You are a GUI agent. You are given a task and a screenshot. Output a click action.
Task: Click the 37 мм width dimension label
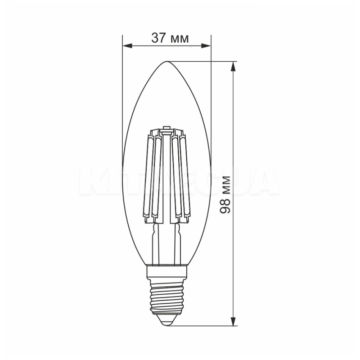click(x=170, y=39)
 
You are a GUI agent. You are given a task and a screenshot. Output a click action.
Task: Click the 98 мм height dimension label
click(x=227, y=194)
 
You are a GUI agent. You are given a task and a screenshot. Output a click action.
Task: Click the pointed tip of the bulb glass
click(x=167, y=62)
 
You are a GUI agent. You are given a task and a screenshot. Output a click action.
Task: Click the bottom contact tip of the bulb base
click(x=167, y=322)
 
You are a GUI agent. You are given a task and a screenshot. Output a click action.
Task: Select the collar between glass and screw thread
click(x=167, y=271)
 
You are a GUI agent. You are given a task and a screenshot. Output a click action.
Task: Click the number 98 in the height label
click(x=227, y=206)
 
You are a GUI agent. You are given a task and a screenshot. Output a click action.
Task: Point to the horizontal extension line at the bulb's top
click(x=202, y=61)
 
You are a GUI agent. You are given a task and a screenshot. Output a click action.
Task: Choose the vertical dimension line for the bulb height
click(x=233, y=135)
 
